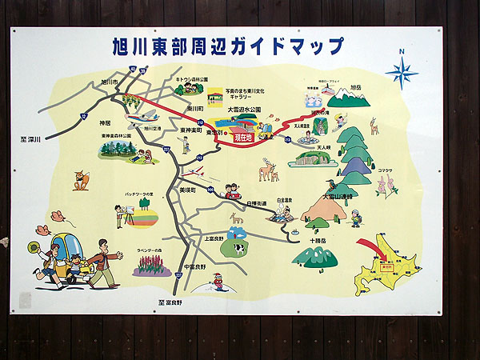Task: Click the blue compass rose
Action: [x=402, y=72]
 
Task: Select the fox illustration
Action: [x=81, y=179]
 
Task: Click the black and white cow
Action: [x=237, y=248]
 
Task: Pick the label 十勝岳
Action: [x=314, y=240]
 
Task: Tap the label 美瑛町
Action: [x=188, y=190]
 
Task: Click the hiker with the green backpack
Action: [x=356, y=218]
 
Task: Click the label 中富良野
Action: [x=194, y=266]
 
